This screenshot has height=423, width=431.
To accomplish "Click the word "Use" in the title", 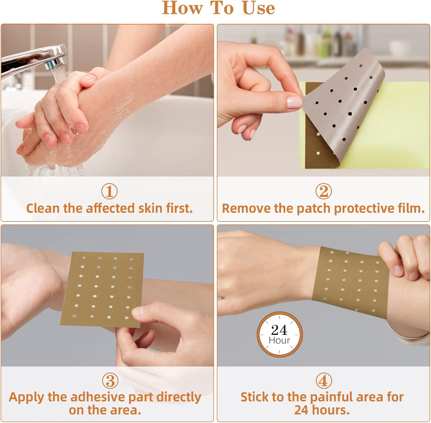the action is pyautogui.click(x=259, y=8).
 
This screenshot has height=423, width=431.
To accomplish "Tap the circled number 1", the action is pyautogui.click(x=109, y=191).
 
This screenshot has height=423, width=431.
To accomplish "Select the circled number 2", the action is pyautogui.click(x=324, y=191).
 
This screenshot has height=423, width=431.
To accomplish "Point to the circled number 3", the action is pyautogui.click(x=110, y=380).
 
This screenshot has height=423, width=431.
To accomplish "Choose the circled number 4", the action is pyautogui.click(x=324, y=380).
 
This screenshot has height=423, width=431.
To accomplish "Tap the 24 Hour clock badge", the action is pyautogui.click(x=280, y=334).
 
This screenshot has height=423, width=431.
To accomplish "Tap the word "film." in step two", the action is pyautogui.click(x=411, y=208).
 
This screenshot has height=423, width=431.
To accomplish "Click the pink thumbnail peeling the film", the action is pyautogui.click(x=295, y=102).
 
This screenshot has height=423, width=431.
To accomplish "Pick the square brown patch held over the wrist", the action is pyautogui.click(x=102, y=290).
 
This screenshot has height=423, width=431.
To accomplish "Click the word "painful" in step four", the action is pyautogui.click(x=332, y=397).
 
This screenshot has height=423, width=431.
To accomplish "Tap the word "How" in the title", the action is pyautogui.click(x=182, y=8).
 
